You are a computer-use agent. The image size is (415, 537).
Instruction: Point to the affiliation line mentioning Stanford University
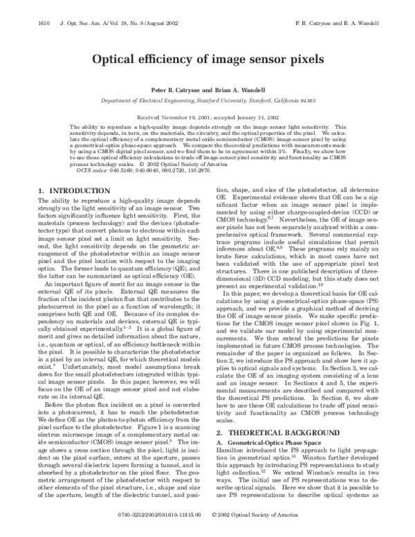[x=207, y=100]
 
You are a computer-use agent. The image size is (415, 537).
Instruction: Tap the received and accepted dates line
[x=207, y=118]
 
